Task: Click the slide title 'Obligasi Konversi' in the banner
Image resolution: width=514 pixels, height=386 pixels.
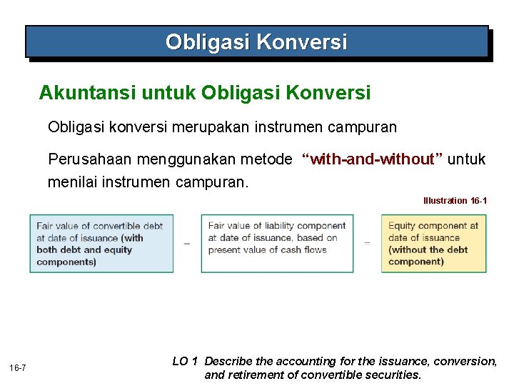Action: (256, 42)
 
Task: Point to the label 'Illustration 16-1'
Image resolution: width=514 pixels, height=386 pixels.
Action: (455, 201)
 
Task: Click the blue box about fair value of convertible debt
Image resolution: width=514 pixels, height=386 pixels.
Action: (101, 244)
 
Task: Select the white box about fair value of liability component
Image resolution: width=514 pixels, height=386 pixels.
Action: (277, 244)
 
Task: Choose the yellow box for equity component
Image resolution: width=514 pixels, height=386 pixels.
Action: (433, 244)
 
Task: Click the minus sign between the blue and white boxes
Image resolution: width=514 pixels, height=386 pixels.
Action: (187, 244)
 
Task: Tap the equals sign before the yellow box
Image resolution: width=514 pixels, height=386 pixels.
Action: (367, 244)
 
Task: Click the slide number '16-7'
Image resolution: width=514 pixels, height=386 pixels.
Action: (19, 368)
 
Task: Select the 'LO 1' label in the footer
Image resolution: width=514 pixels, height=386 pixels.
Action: (185, 362)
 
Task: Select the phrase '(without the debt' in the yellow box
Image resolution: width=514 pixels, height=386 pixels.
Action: (428, 249)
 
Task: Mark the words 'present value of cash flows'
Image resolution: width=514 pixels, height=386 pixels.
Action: (267, 250)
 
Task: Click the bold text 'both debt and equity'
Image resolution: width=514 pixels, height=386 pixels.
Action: (84, 249)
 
